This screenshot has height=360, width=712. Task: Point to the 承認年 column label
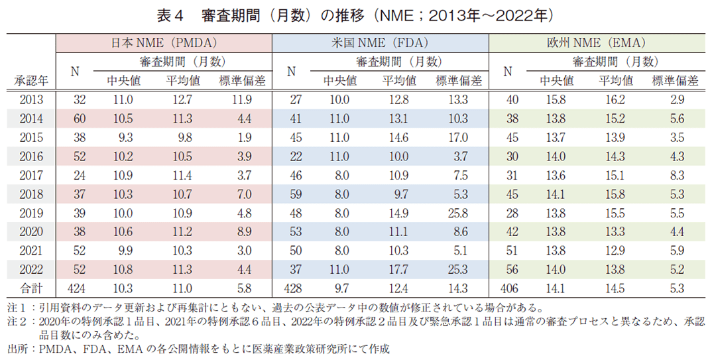coord(29,81)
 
